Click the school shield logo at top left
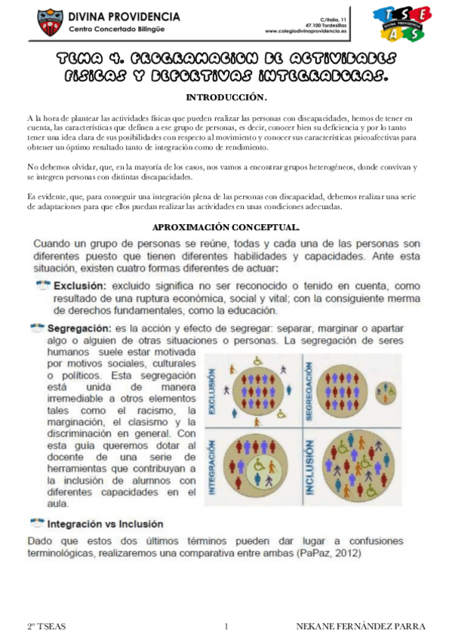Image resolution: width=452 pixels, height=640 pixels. (x=48, y=22)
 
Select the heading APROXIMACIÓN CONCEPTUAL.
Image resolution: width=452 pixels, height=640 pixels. (x=226, y=226)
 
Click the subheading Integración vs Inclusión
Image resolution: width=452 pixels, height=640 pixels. (x=105, y=523)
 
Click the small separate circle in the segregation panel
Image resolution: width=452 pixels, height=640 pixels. (x=386, y=389)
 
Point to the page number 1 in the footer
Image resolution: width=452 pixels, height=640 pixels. (x=226, y=626)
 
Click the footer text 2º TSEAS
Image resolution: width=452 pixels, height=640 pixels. (x=45, y=626)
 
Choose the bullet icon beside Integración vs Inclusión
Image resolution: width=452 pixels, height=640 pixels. (x=36, y=522)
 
